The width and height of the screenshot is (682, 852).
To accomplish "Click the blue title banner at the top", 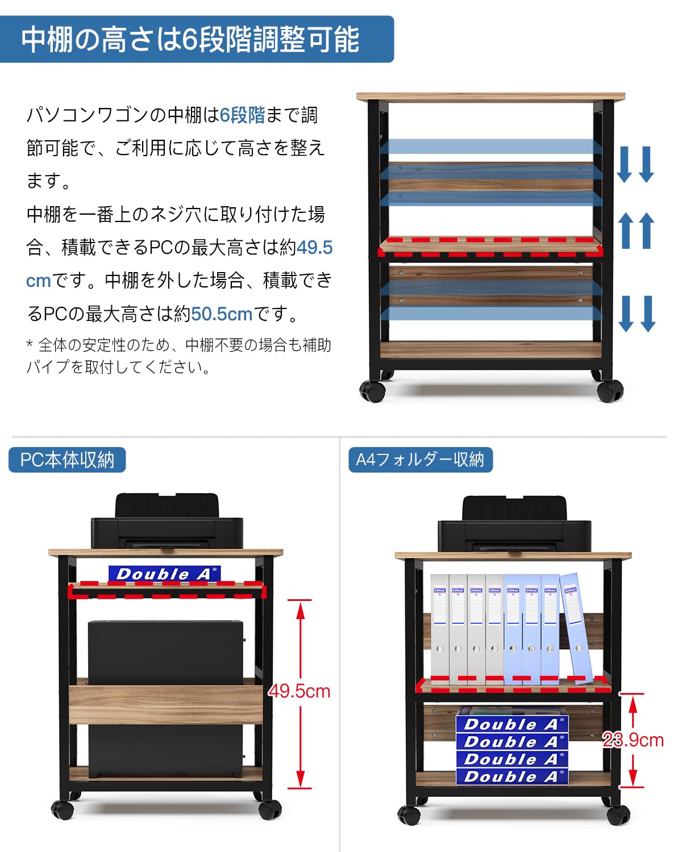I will click(x=196, y=39).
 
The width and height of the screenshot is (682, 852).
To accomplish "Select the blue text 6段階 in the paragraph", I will click(x=243, y=115).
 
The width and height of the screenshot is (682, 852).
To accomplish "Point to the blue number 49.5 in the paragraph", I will click(x=314, y=248).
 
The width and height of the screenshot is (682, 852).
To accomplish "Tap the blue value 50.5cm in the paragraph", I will click(x=222, y=314).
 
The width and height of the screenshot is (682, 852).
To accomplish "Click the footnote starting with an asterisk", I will click(x=178, y=356).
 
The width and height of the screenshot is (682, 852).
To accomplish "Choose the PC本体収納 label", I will click(x=67, y=460).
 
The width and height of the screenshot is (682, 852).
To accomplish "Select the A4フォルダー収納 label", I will click(x=420, y=460).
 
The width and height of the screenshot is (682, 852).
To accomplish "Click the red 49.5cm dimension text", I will click(x=300, y=691).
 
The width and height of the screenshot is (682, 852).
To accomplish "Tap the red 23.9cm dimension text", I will click(x=633, y=740).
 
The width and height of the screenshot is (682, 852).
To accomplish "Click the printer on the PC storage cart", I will click(x=167, y=524).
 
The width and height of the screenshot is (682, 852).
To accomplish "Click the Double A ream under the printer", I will click(x=165, y=574).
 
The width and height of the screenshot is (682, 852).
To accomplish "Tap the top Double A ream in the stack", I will click(x=511, y=724).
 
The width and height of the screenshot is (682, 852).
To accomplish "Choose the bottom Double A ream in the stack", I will click(x=511, y=776).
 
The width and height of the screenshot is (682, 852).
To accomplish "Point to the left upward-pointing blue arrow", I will click(x=626, y=230).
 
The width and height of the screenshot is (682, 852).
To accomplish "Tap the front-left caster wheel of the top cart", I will click(x=373, y=391).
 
